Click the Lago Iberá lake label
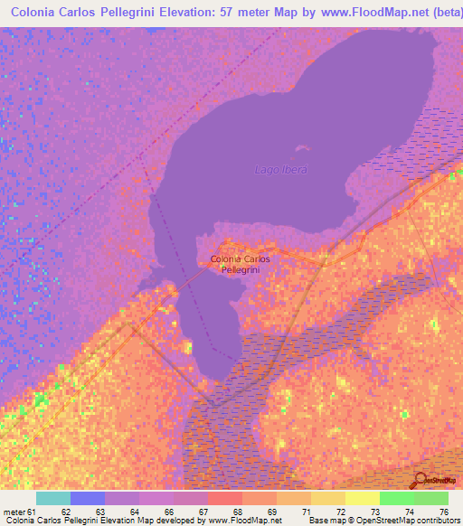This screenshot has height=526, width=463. (x=281, y=170)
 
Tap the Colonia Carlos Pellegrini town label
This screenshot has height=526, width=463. (x=240, y=265)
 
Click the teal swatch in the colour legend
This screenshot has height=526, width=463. (x=53, y=498)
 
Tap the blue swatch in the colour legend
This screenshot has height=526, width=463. (x=88, y=498)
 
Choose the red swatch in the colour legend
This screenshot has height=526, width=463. (x=224, y=498)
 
